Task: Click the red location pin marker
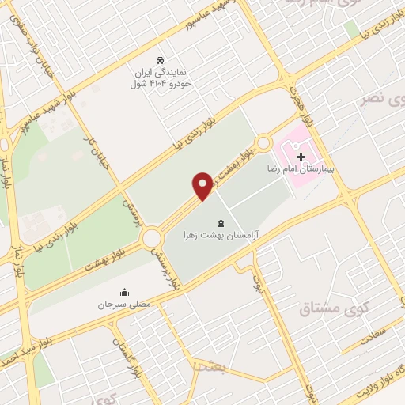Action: pos(203,186)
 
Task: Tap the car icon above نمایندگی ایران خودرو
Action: pos(161,60)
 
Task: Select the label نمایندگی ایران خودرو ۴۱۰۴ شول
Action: pos(161,77)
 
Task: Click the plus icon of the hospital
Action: pos(300,157)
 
